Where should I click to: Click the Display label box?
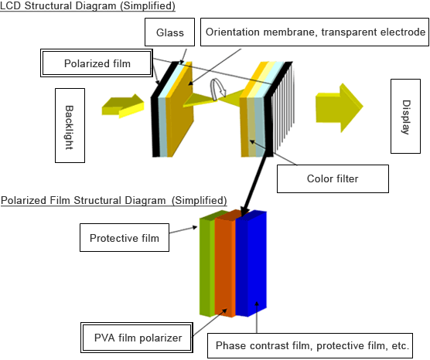tap(404, 117)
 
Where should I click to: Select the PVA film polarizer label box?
tap(131, 338)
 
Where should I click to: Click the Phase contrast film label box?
tap(311, 345)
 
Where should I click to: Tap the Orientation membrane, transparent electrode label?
tap(314, 32)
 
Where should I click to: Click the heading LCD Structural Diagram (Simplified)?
tap(87, 6)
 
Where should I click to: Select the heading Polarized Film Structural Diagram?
tap(114, 200)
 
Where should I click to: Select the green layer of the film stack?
tap(206, 267)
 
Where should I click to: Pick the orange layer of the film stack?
tap(224, 267)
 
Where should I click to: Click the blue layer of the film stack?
tap(251, 267)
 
